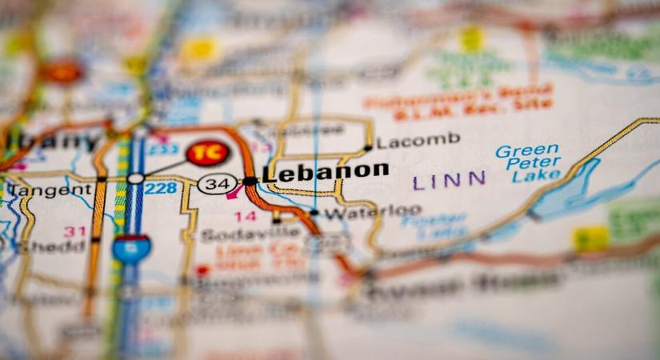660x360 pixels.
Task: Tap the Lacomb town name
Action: point(418,142)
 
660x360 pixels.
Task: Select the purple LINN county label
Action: point(449,181)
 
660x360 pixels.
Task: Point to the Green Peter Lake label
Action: point(528,162)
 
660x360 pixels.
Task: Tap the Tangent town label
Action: point(50,190)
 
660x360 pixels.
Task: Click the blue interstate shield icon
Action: point(131,249)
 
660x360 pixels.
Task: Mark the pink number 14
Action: point(245,216)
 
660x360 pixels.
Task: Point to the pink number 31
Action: point(74,231)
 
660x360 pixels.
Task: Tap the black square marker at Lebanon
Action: point(250,182)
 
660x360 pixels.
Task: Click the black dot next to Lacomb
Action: point(367,147)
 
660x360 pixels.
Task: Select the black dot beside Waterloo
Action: point(314,213)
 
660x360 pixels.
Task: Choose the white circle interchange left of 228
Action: point(136,178)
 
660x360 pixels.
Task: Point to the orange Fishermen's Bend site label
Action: point(458,97)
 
